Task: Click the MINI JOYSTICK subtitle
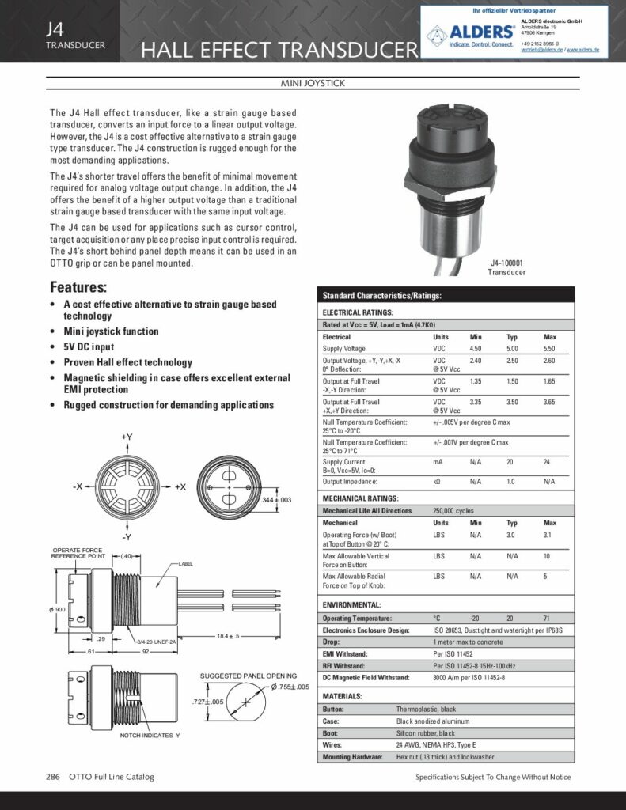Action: click(x=313, y=83)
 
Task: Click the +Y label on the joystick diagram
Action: click(x=127, y=437)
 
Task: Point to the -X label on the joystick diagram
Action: click(x=77, y=486)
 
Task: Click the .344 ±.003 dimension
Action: click(x=277, y=500)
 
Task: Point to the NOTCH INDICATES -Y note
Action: click(x=150, y=736)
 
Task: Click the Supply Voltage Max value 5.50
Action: click(x=550, y=348)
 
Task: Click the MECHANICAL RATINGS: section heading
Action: click(x=359, y=498)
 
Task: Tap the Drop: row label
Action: click(x=331, y=642)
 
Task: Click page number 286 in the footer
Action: click(x=54, y=777)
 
